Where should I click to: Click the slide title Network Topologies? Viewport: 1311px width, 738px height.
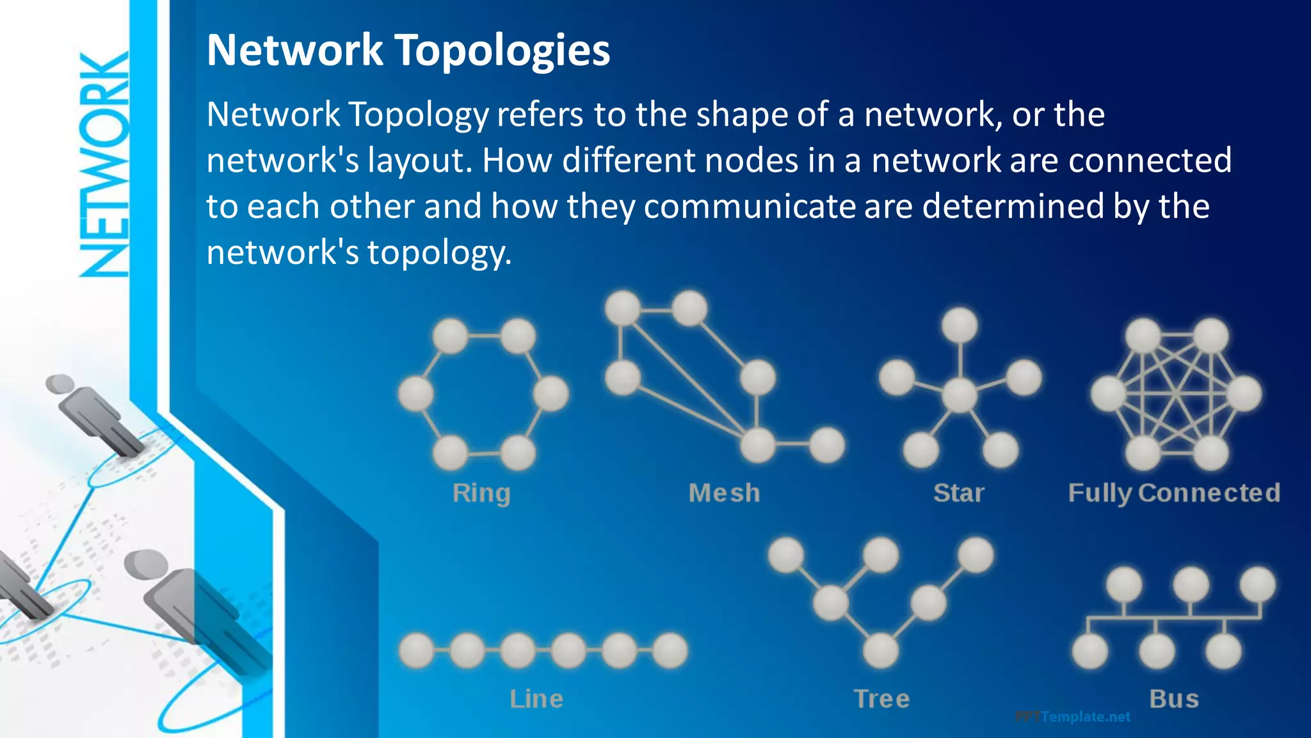(408, 50)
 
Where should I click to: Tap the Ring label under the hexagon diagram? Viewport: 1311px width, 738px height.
(481, 493)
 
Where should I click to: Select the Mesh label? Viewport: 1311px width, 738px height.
(724, 493)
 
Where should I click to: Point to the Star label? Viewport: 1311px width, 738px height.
(958, 493)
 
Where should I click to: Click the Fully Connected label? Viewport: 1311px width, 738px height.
(1174, 493)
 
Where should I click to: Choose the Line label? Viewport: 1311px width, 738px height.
(536, 699)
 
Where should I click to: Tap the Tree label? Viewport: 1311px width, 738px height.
(881, 699)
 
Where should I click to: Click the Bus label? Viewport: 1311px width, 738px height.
(1174, 699)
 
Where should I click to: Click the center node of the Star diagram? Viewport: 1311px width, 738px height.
(959, 395)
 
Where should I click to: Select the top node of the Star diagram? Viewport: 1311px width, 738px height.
(960, 325)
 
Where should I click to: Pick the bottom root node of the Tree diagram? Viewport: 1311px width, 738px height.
(881, 651)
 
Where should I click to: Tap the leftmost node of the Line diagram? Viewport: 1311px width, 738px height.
(417, 651)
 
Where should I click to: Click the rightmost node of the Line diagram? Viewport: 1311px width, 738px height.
(670, 651)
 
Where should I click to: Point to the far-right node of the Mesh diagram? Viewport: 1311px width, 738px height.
(827, 445)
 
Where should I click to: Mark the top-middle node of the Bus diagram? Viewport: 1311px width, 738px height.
(1191, 584)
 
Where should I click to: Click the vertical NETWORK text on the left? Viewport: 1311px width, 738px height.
(104, 165)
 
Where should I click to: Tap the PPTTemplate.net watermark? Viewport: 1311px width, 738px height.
(1073, 717)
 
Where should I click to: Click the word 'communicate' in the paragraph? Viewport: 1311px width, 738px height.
(750, 207)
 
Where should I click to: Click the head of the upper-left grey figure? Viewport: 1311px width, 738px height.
(60, 384)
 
